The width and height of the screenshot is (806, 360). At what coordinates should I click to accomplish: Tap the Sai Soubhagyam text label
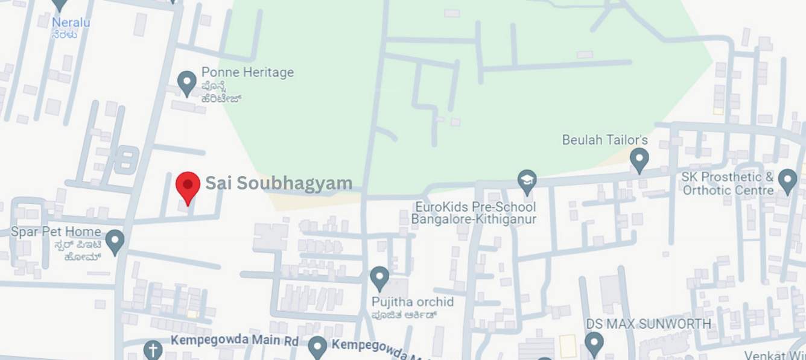[279, 183]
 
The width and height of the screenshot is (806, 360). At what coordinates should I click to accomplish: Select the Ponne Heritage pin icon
[187, 81]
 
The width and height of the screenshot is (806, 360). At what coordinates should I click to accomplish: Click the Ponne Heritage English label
[247, 72]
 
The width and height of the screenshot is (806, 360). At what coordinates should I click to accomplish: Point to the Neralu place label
[71, 22]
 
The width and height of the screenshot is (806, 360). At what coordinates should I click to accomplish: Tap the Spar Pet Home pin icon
[115, 241]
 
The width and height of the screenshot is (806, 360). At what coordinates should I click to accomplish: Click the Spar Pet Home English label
[56, 232]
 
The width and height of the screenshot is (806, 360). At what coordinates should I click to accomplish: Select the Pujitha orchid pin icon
[379, 277]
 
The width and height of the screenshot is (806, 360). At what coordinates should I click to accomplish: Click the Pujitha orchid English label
[413, 302]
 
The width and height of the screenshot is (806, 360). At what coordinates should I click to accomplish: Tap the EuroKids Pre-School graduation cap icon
[527, 180]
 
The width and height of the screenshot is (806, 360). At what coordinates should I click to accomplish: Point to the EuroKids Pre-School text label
[474, 213]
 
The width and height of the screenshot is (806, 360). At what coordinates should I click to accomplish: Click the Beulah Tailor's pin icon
[639, 160]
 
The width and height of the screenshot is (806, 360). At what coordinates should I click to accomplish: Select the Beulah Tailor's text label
[604, 140]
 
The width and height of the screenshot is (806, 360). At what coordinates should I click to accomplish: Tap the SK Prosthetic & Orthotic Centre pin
[787, 180]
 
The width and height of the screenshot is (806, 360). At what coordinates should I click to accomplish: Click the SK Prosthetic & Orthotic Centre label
[728, 183]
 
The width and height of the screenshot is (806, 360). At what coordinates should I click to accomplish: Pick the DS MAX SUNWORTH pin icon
[594, 343]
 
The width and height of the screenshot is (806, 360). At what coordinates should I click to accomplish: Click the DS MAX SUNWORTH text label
[649, 324]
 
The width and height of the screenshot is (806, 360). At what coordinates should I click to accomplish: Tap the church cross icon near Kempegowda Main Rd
[153, 349]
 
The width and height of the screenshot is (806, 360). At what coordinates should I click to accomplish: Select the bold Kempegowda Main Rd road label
[234, 341]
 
